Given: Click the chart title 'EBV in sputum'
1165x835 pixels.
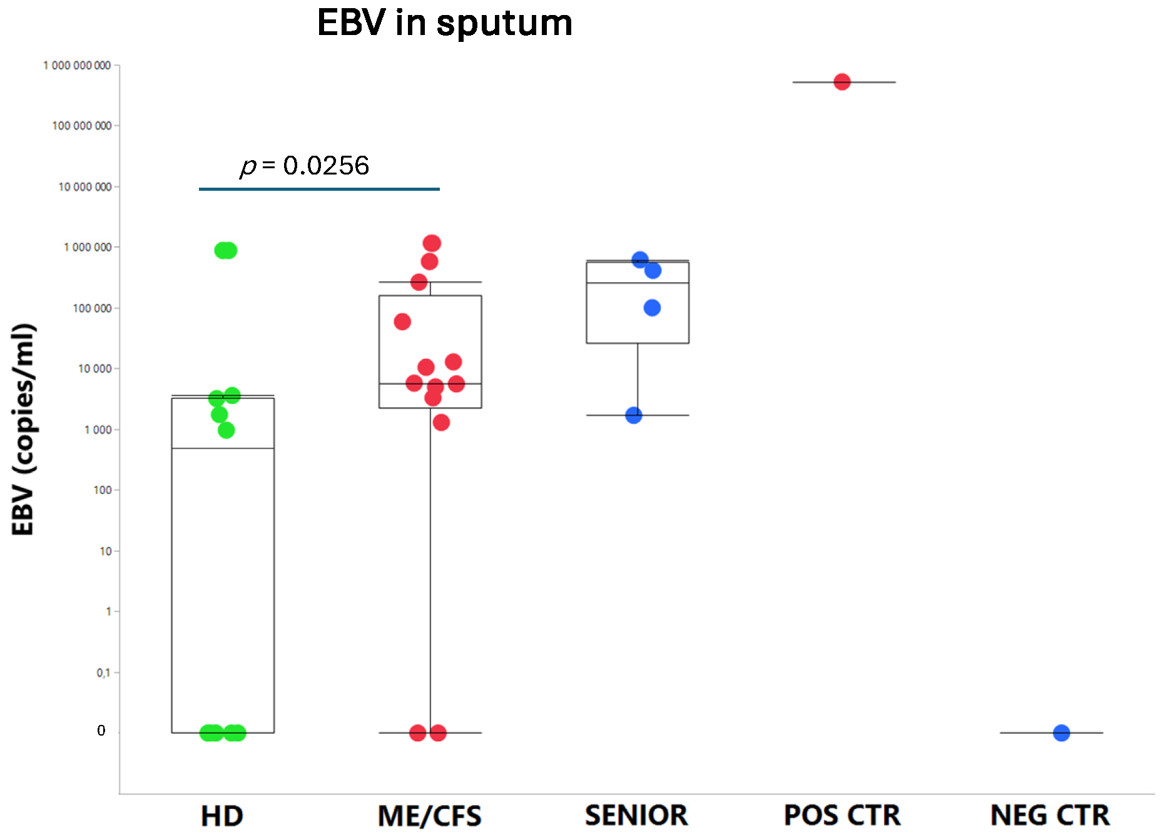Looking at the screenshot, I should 444,23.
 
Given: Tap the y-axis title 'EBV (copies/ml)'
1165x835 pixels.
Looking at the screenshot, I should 24,429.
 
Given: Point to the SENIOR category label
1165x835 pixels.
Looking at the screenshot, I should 636,816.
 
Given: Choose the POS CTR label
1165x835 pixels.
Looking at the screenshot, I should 842,816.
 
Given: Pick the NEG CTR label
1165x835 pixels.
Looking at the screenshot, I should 1050,816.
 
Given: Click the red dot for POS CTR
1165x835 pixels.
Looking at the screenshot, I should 842,82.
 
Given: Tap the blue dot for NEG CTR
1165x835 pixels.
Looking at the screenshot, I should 1061,732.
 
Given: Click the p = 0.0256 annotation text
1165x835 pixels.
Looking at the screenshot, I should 305,166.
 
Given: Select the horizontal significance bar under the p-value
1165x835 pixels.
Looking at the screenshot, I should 319,189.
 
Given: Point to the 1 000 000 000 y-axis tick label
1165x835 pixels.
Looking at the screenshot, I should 77,66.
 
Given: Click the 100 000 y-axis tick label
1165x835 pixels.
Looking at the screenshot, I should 92,308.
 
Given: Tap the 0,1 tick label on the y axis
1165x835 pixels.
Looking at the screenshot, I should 103,673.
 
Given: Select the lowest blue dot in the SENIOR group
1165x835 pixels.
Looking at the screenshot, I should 634,415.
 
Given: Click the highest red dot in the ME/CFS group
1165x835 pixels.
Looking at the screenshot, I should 432,243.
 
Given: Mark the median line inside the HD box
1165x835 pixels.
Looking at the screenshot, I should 223,448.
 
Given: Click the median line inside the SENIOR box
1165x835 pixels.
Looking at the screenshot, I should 638,283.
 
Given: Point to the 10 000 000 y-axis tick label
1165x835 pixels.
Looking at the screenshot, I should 85,187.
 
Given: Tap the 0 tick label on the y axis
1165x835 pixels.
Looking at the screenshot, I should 101,731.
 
